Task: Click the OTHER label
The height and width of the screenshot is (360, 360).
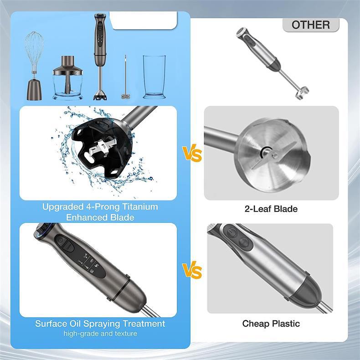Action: pos(311,25)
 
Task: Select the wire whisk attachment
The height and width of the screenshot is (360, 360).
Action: pos(35,66)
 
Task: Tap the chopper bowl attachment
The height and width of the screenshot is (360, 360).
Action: pos(68,78)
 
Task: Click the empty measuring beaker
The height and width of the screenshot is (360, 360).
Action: pos(154,77)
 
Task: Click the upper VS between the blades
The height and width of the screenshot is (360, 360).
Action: pos(192,153)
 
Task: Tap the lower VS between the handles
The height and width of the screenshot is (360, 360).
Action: pos(192,270)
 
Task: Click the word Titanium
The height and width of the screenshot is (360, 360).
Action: pos(140,206)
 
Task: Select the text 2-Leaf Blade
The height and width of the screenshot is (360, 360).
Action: pos(271,209)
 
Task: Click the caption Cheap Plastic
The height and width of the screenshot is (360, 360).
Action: pos(271,324)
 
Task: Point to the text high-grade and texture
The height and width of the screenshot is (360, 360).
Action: pos(100,334)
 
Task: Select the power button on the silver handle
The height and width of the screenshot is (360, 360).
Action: pos(232,233)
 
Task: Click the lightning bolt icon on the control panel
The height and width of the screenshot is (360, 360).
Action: pos(96,266)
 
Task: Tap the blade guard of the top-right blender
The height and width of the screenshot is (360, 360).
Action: pos(302,93)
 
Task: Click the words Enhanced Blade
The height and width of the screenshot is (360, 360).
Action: pos(100,217)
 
